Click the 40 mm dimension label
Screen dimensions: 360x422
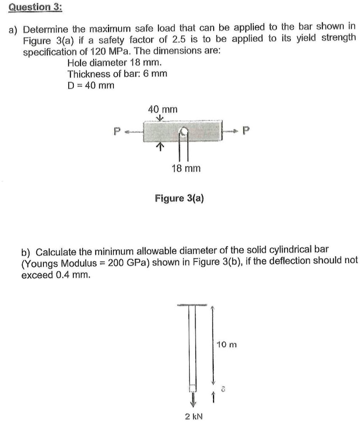pos(163,109)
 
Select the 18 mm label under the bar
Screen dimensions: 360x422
pos(186,168)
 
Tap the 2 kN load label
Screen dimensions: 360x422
pos(193,416)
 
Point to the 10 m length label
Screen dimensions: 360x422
pos(227,345)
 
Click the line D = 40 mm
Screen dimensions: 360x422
pos(91,86)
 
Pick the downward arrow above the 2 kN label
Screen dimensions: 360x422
pos(193,398)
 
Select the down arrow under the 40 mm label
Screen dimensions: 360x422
pos(159,118)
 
